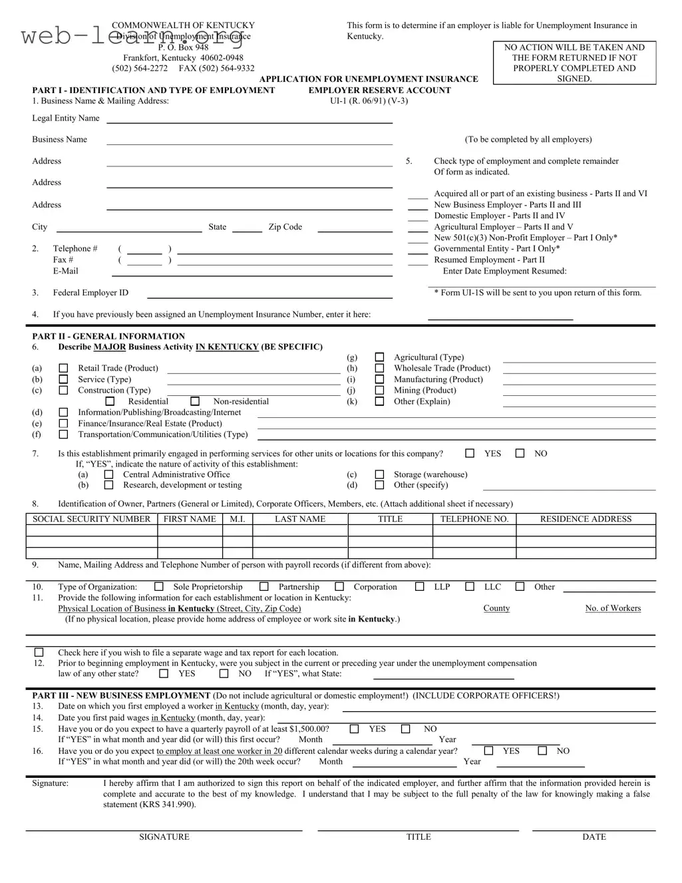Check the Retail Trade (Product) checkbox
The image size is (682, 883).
click(63, 368)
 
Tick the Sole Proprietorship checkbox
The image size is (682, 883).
click(159, 587)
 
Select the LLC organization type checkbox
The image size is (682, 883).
click(470, 587)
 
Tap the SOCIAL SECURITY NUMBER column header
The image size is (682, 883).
click(92, 519)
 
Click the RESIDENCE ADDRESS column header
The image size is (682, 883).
click(586, 519)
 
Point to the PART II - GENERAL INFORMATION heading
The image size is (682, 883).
click(108, 336)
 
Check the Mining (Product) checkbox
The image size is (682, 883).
click(379, 391)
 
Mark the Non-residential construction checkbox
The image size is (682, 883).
click(195, 401)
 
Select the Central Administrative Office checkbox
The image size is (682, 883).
click(108, 474)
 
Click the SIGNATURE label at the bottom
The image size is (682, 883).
click(164, 837)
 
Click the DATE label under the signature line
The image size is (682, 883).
click(594, 837)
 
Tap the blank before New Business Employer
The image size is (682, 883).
click(417, 206)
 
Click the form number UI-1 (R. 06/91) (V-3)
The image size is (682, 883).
click(369, 101)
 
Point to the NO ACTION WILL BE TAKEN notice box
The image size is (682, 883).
click(574, 63)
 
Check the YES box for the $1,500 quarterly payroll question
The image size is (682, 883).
click(355, 729)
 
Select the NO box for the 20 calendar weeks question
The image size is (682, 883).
click(542, 751)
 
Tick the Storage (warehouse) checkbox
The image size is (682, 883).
click(379, 474)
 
